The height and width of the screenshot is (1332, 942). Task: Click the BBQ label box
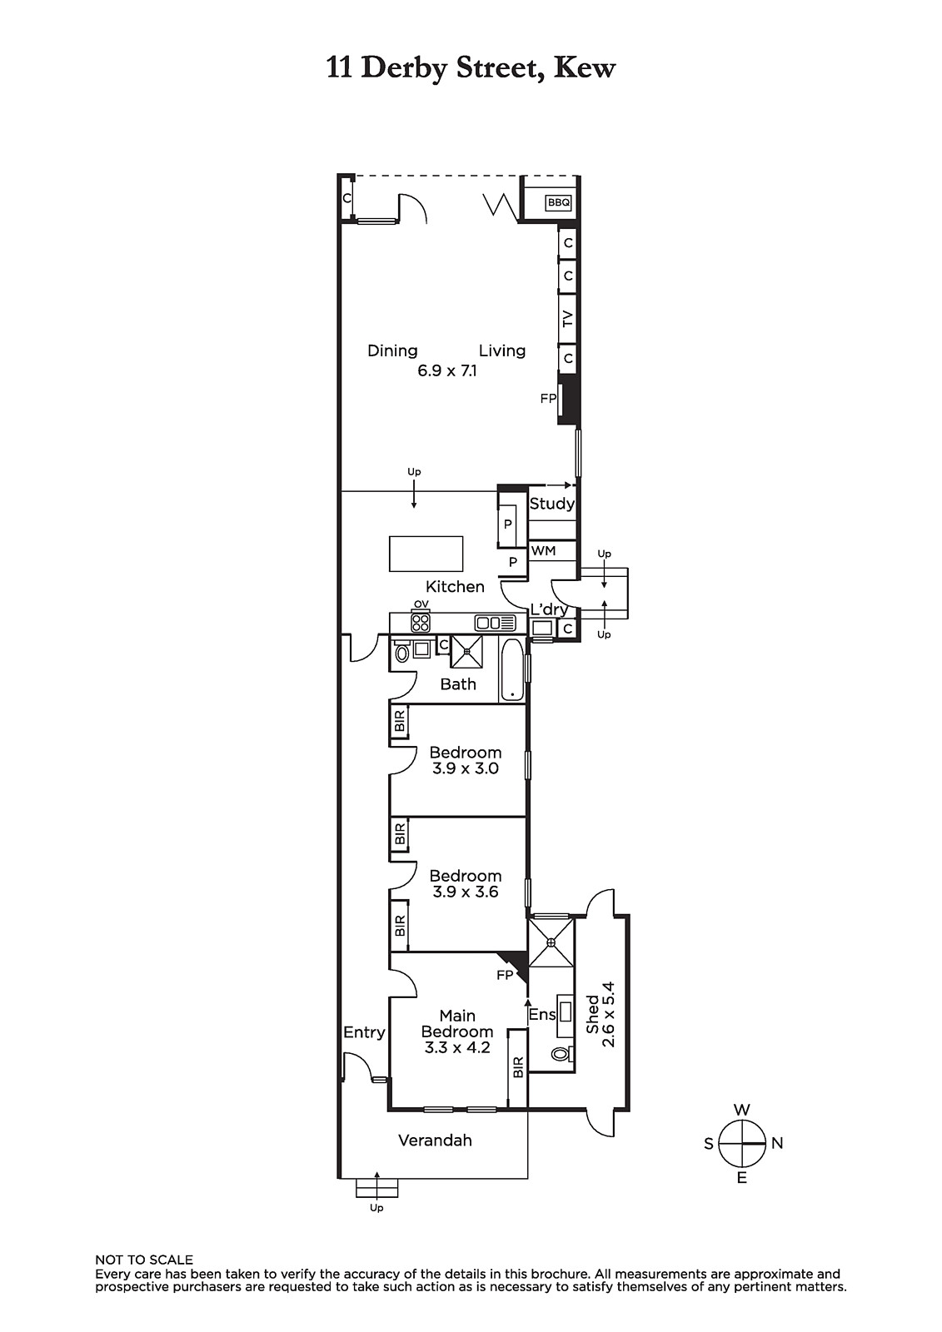pos(558,203)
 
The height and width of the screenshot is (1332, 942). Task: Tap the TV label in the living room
pos(567,319)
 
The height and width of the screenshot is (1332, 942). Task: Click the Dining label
pos(392,350)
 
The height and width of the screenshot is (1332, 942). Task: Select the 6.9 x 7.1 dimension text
pos(447,371)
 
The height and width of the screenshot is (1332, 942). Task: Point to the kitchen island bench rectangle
pos(426,554)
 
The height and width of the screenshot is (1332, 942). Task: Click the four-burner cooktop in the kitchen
pos(421,623)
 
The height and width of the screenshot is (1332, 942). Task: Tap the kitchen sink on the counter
pos(495,624)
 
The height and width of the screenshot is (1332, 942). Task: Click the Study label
pos(551,504)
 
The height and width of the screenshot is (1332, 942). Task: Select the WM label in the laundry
pos(543,551)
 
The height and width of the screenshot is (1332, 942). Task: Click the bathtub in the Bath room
pos(511,669)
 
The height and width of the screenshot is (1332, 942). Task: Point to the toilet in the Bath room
pos(401,652)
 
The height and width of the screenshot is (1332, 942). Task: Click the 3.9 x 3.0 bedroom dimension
pos(466,768)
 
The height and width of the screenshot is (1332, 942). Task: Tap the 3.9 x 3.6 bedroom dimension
pos(466,892)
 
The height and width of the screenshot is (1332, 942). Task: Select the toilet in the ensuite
pos(562,1054)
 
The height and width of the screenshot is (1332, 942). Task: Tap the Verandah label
pos(435,1141)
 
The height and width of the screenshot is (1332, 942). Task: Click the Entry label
pos(364,1033)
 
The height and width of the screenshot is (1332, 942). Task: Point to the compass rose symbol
pos(741,1144)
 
